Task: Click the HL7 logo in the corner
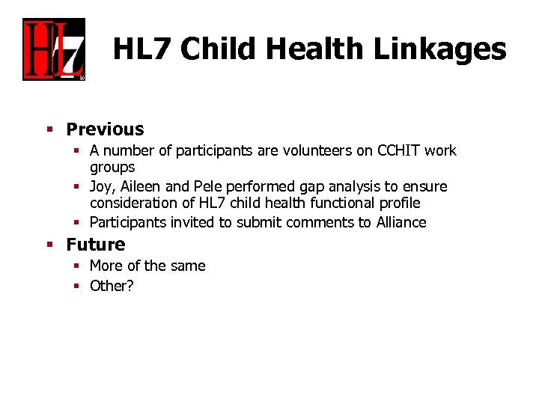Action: tap(54, 49)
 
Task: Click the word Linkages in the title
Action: tap(439, 49)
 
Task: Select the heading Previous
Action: tap(105, 129)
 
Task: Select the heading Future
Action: tap(96, 245)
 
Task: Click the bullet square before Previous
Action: tap(49, 130)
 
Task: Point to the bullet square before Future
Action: tap(49, 245)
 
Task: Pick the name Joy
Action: tap(103, 186)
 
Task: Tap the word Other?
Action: tap(112, 285)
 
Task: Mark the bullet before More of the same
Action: tap(77, 266)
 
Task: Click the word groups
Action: tap(112, 167)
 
